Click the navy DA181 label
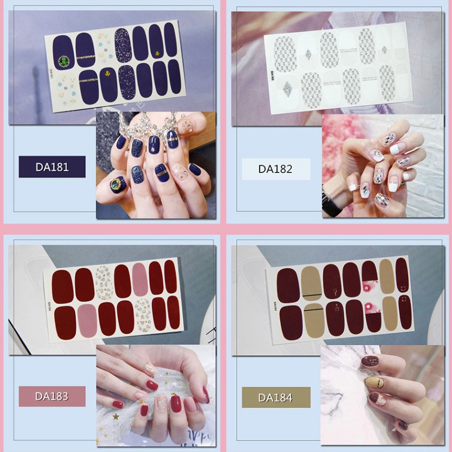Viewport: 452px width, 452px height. [x=52, y=167]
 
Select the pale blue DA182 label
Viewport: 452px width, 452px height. [x=275, y=169]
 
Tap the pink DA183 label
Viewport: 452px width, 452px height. [x=52, y=396]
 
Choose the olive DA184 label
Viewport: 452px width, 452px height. [x=275, y=397]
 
